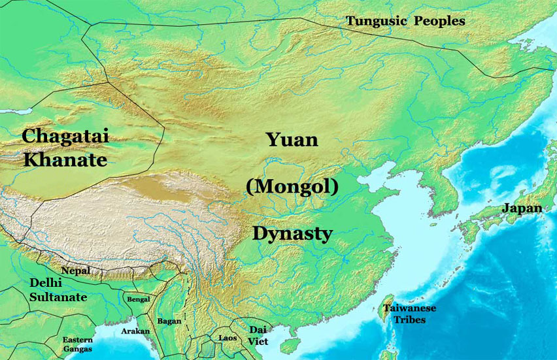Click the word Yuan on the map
[x=292, y=139]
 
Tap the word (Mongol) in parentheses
[x=292, y=187]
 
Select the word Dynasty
[x=292, y=233]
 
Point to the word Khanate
[x=65, y=159]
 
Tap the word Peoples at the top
[x=438, y=22]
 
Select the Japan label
[x=522, y=208]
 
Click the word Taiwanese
[x=410, y=308]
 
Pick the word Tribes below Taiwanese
[x=410, y=319]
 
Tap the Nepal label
[x=75, y=270]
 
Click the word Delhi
[x=46, y=284]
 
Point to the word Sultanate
[x=58, y=297]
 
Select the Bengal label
[x=138, y=299]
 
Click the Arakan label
[x=135, y=331]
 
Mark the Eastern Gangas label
[x=77, y=344]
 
